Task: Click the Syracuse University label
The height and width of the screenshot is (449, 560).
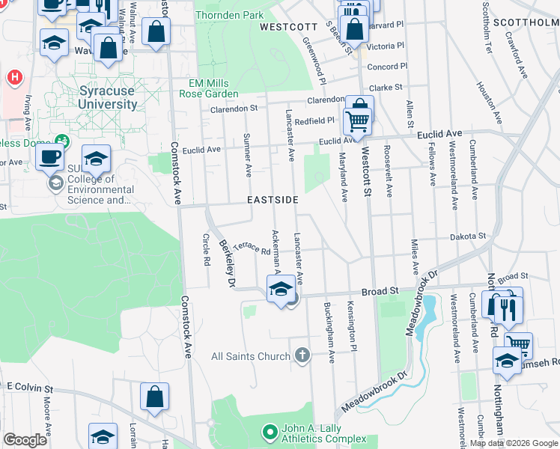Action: click(x=108, y=97)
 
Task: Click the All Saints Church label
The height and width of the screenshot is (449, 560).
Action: click(x=251, y=356)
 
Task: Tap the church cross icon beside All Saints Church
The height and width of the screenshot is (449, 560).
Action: click(x=302, y=354)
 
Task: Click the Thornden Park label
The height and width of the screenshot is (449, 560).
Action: click(x=229, y=15)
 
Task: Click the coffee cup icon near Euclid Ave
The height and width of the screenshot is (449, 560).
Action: click(x=50, y=156)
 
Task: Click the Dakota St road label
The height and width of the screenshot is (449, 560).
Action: click(x=468, y=236)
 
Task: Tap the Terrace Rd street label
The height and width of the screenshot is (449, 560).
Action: click(x=251, y=248)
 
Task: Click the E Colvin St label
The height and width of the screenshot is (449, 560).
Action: click(x=31, y=388)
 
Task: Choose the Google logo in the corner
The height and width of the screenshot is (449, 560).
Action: click(x=25, y=440)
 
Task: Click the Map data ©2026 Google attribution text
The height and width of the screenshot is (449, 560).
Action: click(x=514, y=443)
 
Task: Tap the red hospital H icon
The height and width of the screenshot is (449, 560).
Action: click(x=13, y=76)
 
